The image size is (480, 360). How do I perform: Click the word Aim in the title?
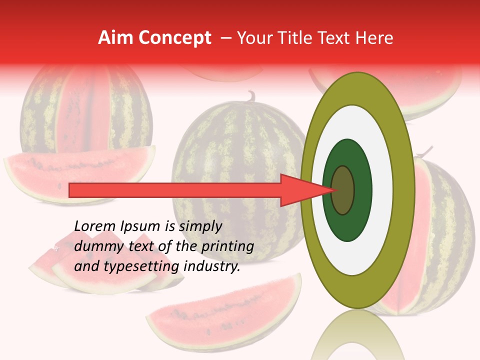click(x=116, y=38)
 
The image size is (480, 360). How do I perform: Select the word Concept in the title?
click(x=175, y=38)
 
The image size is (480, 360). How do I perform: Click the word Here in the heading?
click(x=374, y=38)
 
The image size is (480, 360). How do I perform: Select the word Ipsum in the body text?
click(x=139, y=226)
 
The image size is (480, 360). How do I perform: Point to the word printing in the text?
click(x=227, y=246)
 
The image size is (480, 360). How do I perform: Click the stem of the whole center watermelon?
click(x=250, y=96)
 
